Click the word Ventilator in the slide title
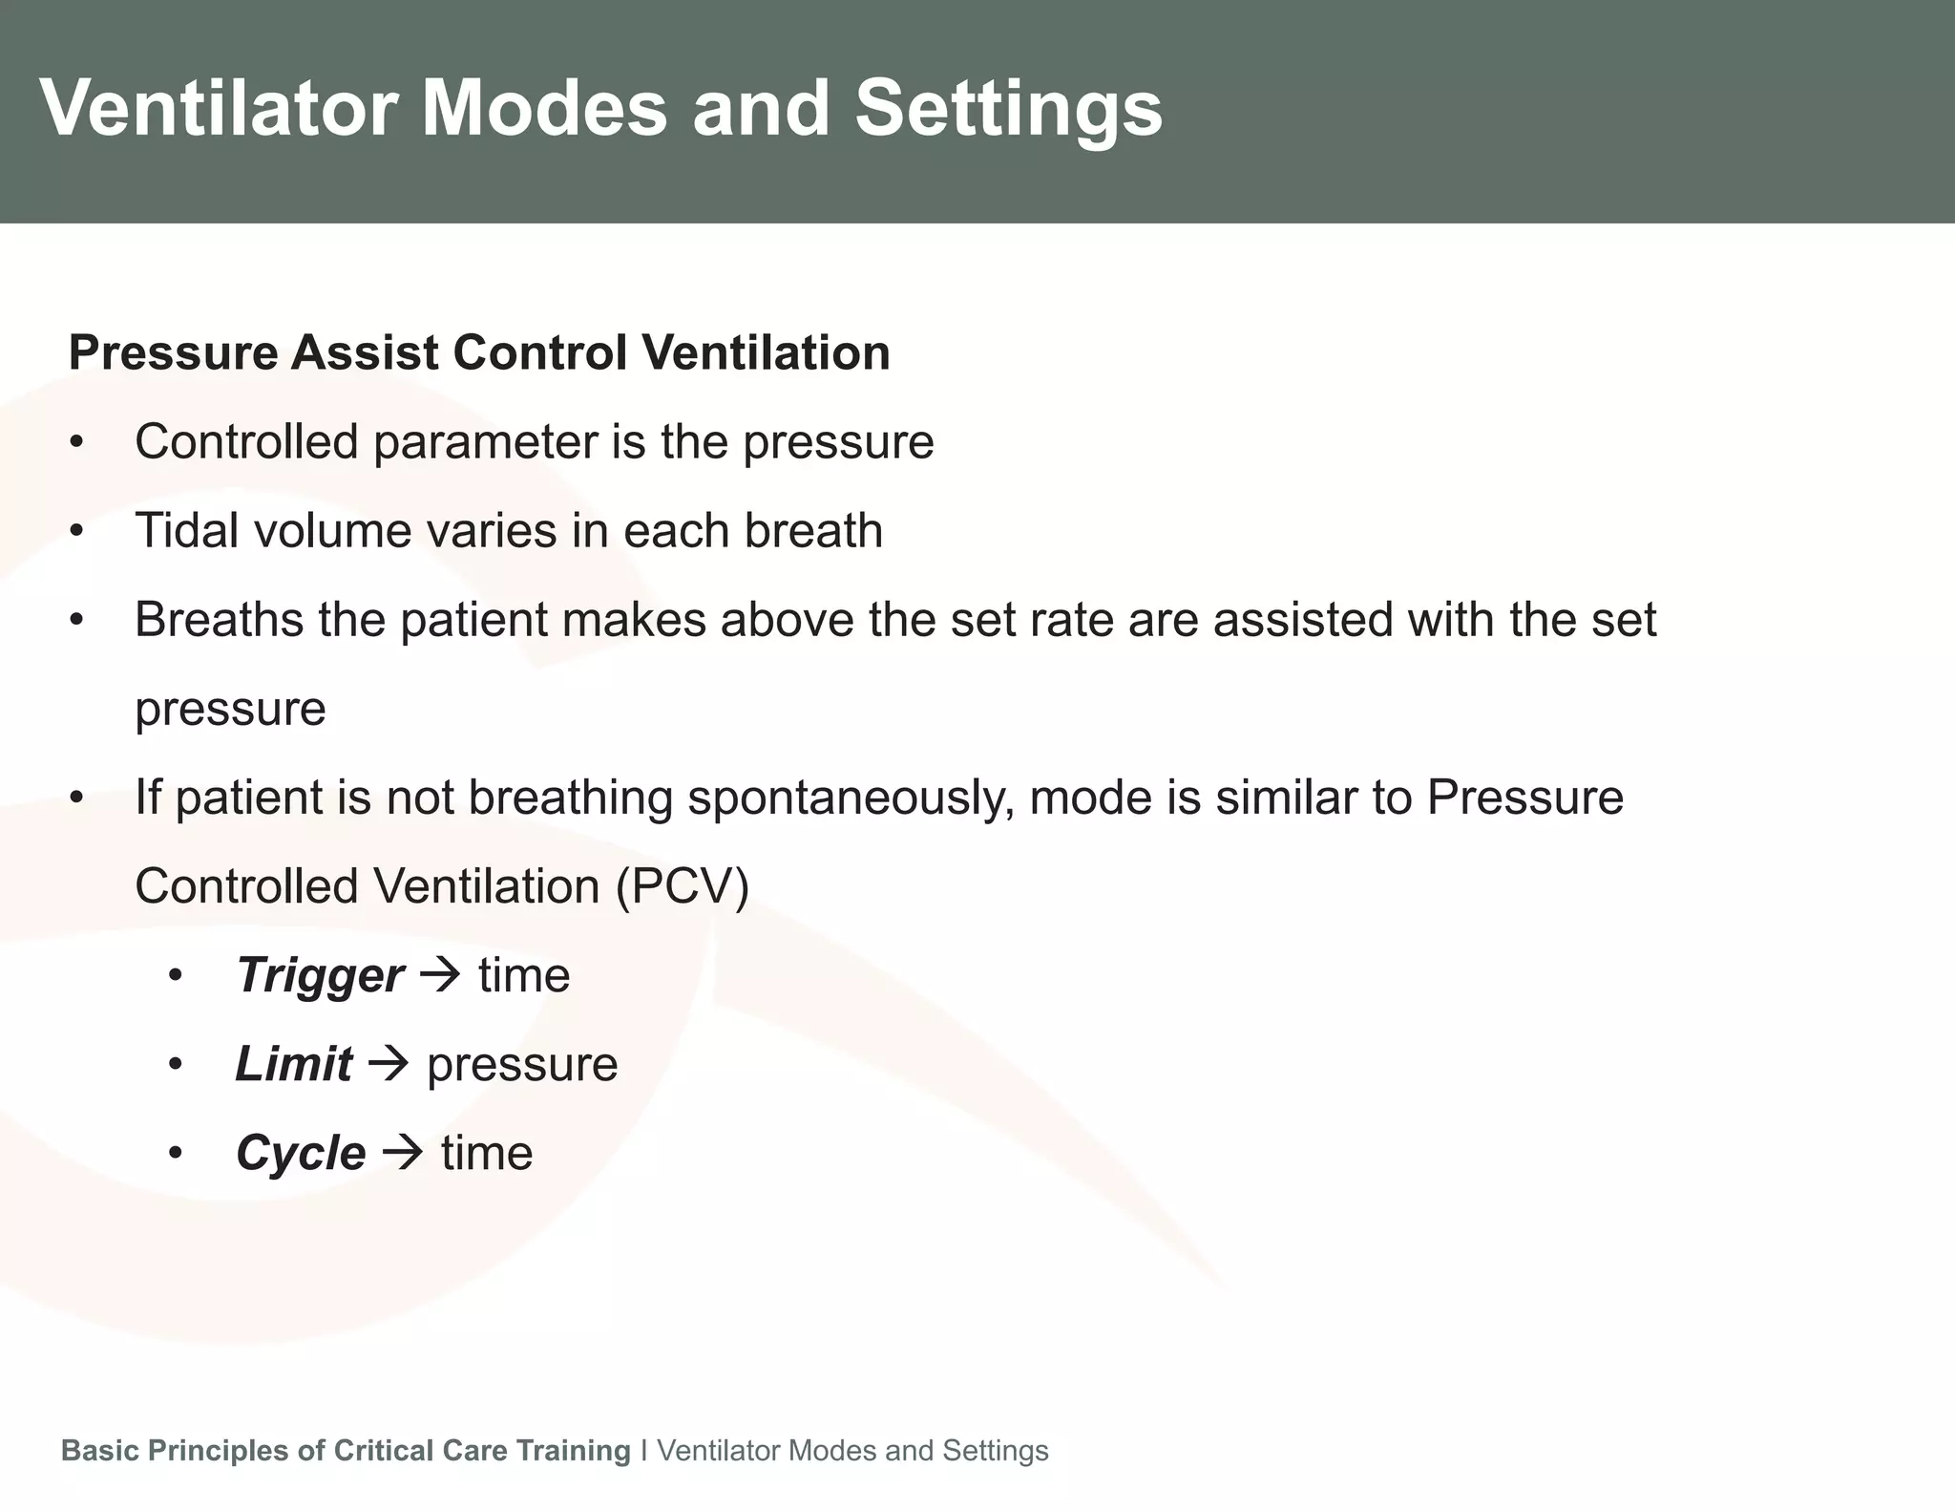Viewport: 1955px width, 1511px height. (218, 108)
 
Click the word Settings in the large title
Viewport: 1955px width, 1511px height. (1008, 108)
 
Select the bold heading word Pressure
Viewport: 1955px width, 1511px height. (173, 352)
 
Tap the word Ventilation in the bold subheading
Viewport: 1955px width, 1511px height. (766, 352)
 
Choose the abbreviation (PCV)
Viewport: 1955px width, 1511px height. (683, 886)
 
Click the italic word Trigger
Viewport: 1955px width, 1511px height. (320, 975)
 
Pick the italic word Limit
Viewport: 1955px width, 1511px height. (293, 1064)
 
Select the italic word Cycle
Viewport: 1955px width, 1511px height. (301, 1153)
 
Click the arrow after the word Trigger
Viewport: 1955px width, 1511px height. (441, 975)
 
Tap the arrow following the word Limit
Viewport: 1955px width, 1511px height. (389, 1064)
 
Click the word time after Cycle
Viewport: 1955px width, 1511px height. (487, 1153)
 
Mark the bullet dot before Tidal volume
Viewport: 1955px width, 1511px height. (77, 531)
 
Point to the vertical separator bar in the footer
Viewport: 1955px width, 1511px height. (644, 1450)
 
